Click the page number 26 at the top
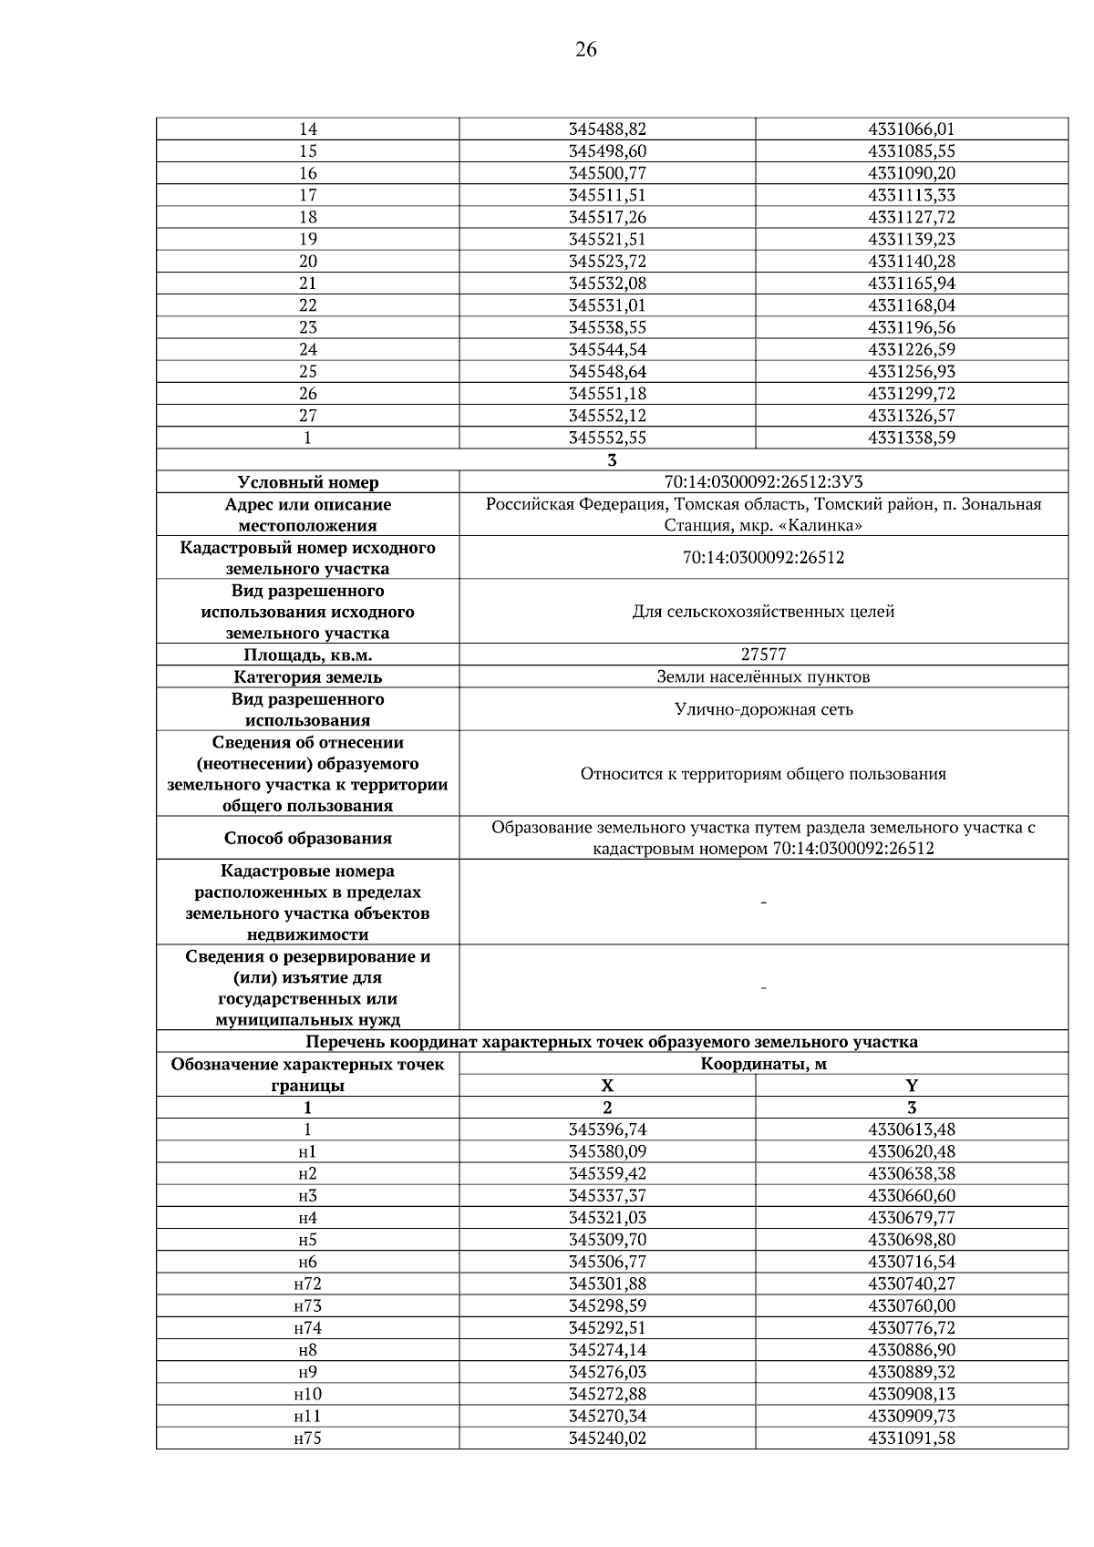(585, 50)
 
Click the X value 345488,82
(607, 129)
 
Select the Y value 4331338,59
(912, 438)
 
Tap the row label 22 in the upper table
(307, 305)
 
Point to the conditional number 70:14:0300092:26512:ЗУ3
(763, 482)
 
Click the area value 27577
(763, 655)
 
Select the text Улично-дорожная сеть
(763, 709)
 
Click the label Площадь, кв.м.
(307, 655)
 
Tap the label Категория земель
(307, 677)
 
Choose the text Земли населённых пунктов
(763, 676)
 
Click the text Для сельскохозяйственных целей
(763, 612)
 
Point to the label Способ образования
(307, 839)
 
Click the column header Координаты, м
(763, 1064)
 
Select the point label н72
(307, 1284)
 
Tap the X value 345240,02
(607, 1439)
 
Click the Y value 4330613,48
(912, 1129)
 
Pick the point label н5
(307, 1240)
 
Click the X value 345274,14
(607, 1350)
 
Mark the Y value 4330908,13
(912, 1394)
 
